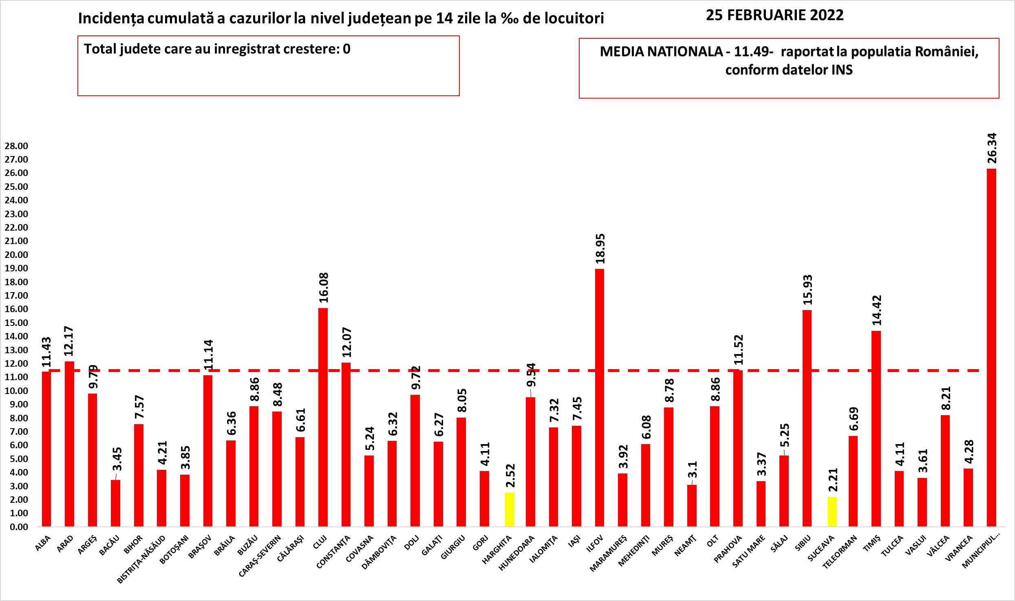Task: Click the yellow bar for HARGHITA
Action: point(510,509)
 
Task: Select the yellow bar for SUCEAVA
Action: point(832,512)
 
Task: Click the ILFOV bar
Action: point(600,397)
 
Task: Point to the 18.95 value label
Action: point(600,249)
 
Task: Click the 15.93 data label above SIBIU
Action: point(808,290)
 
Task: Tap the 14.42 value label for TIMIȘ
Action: point(876,310)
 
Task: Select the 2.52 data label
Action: point(510,476)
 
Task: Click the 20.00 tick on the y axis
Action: point(16,255)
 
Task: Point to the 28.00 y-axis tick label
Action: point(16,146)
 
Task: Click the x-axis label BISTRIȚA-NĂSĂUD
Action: point(141,559)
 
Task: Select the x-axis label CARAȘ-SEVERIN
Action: point(260,556)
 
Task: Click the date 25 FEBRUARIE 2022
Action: point(774,15)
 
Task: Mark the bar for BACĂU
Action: point(115,503)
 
